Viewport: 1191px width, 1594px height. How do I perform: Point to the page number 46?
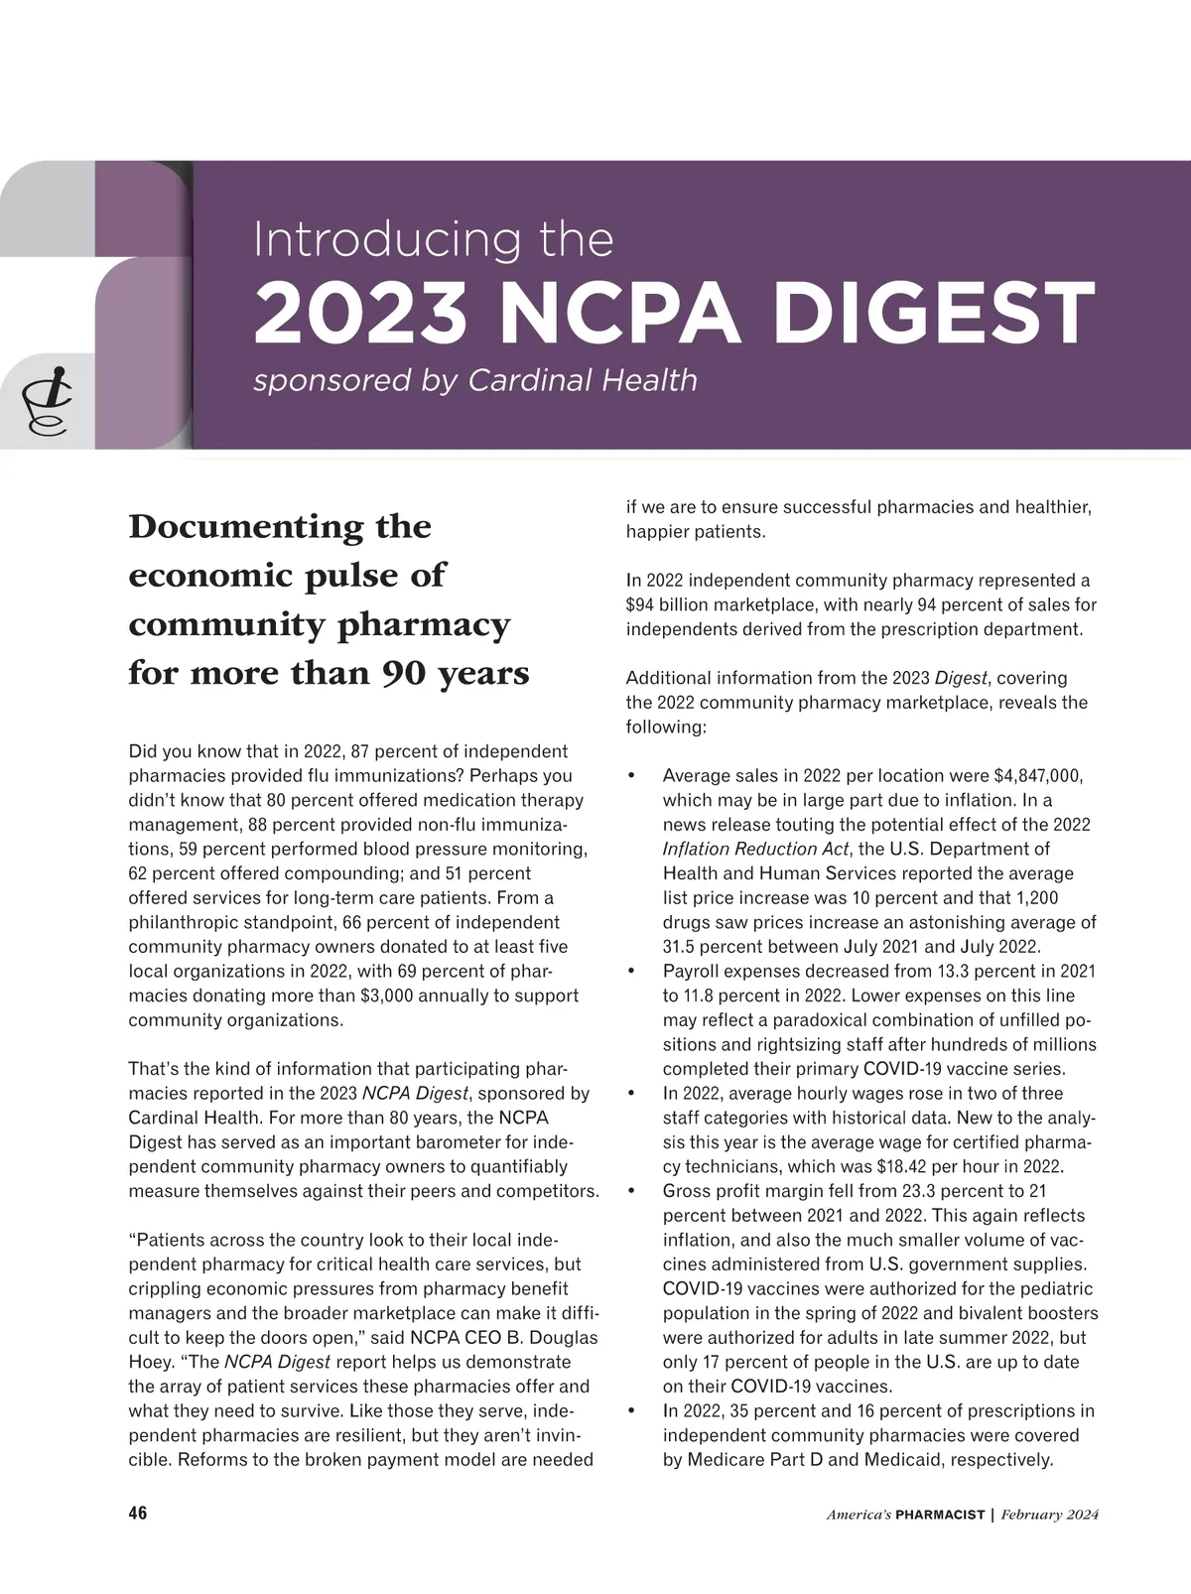tap(138, 1514)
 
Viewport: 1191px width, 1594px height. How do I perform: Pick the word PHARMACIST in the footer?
tap(940, 1515)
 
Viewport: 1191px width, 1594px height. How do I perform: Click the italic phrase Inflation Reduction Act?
tap(755, 849)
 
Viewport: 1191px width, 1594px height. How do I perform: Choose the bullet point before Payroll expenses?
tap(631, 971)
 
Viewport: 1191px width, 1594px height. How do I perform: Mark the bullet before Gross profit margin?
tap(631, 1191)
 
